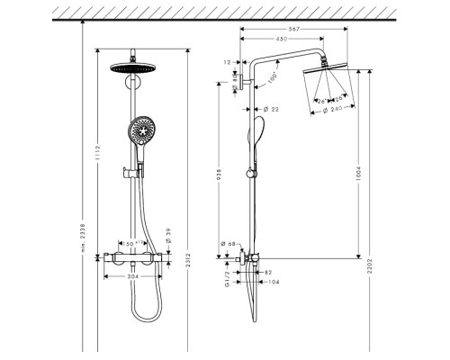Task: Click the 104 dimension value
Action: click(x=274, y=282)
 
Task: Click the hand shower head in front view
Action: click(x=142, y=131)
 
